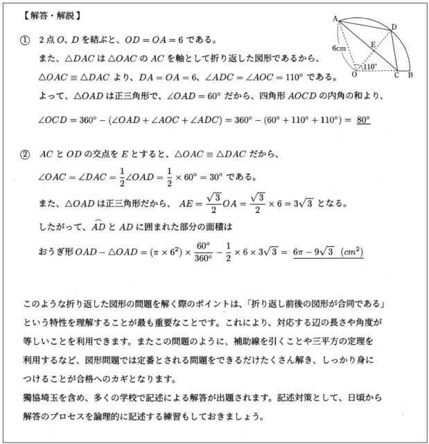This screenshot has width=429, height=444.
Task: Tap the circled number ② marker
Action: click(x=26, y=153)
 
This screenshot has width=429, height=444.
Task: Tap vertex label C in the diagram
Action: click(x=397, y=75)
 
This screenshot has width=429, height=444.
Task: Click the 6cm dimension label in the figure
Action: click(x=340, y=49)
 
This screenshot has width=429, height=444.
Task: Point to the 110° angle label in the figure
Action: click(x=369, y=67)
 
